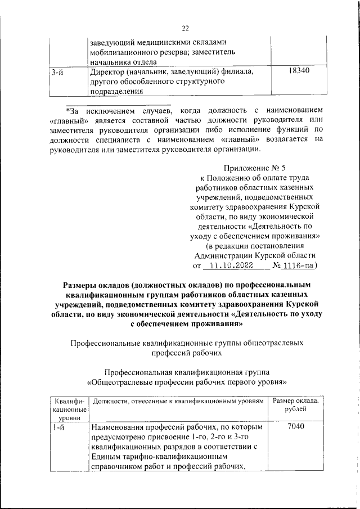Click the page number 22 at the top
185,28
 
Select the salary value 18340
298,72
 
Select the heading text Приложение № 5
255,168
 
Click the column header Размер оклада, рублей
296,405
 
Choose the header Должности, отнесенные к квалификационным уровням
178,400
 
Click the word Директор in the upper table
109,72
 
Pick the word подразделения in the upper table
117,92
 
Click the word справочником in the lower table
119,467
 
